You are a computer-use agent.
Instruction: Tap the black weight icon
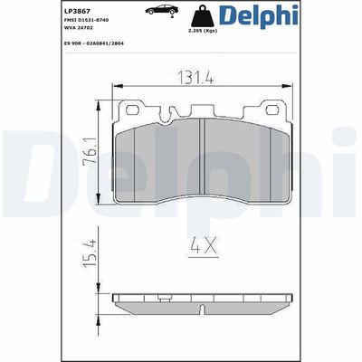click(215, 16)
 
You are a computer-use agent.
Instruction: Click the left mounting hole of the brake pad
click(133, 110)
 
